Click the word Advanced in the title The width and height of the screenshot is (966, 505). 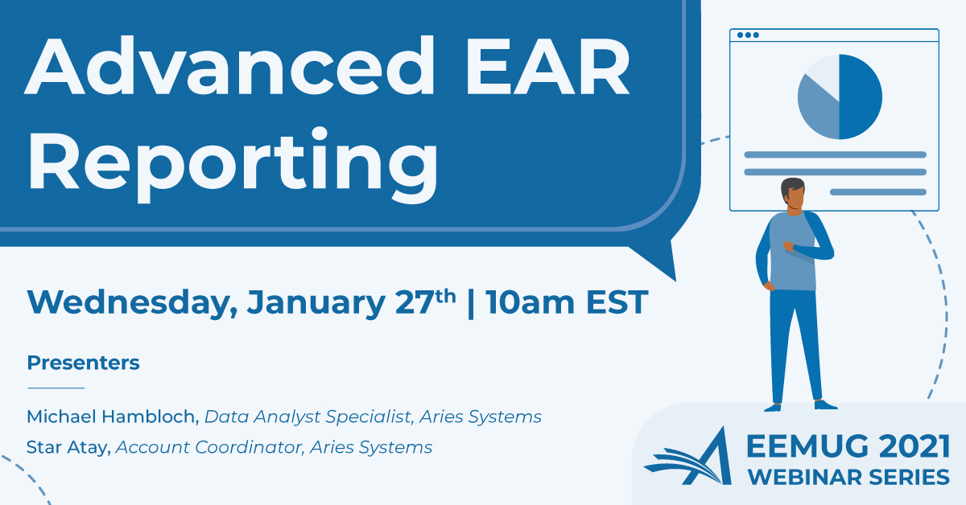(x=229, y=65)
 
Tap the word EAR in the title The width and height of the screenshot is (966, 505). (x=548, y=65)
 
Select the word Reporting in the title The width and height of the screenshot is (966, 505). (x=233, y=164)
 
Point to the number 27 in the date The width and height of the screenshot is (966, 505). (x=414, y=302)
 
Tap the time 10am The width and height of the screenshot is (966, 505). (x=530, y=302)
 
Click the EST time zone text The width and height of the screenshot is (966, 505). (x=617, y=302)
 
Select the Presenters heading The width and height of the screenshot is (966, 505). (x=83, y=363)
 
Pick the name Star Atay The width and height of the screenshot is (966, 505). (x=68, y=447)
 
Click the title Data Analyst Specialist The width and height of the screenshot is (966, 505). (x=308, y=417)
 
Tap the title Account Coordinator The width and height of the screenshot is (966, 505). (x=208, y=447)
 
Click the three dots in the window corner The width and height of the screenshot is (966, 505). (x=748, y=35)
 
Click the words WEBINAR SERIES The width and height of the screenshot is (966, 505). (x=848, y=478)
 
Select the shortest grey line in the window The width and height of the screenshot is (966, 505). (x=878, y=192)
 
